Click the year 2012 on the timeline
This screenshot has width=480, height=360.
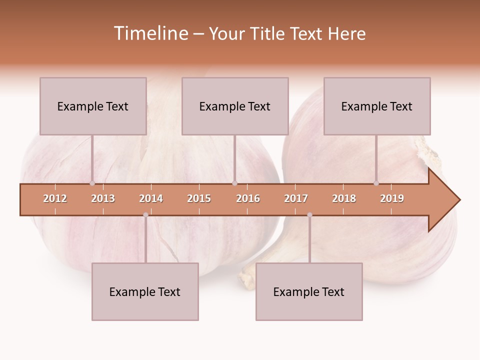pyautogui.click(x=55, y=198)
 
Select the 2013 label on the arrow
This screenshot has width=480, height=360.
pyautogui.click(x=103, y=198)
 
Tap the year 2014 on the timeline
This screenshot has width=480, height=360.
pyautogui.click(x=151, y=198)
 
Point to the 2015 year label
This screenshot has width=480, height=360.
pyautogui.click(x=199, y=198)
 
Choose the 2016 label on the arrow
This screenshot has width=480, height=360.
pyautogui.click(x=248, y=198)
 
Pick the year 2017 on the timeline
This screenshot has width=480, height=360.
pyautogui.click(x=296, y=198)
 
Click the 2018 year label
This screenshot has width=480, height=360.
pyautogui.click(x=344, y=198)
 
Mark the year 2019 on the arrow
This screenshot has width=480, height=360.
pyautogui.click(x=392, y=198)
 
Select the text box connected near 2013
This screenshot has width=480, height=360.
pyautogui.click(x=93, y=106)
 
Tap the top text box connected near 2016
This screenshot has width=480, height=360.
pyautogui.click(x=235, y=106)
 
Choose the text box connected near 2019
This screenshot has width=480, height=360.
pyautogui.click(x=377, y=106)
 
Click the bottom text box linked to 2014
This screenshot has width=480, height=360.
pyautogui.click(x=145, y=291)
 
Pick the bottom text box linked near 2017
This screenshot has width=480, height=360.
pyautogui.click(x=309, y=291)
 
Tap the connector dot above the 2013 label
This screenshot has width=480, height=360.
pyautogui.click(x=92, y=183)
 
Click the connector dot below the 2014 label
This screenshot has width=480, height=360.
pyautogui.click(x=145, y=215)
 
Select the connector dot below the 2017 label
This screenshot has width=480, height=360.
pyautogui.click(x=309, y=215)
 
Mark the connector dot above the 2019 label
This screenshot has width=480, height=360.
pyautogui.click(x=376, y=183)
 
